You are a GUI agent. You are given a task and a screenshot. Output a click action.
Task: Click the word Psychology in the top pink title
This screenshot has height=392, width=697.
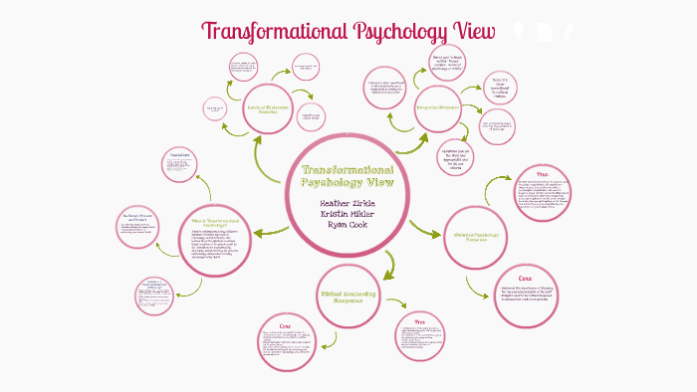click(x=381, y=31)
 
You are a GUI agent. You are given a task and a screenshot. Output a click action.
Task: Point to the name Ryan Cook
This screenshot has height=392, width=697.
click(x=347, y=224)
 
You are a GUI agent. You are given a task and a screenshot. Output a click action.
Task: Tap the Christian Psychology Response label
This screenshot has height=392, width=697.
click(x=475, y=236)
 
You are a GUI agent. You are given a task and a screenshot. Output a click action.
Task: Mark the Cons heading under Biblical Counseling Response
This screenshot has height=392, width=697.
click(x=285, y=324)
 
